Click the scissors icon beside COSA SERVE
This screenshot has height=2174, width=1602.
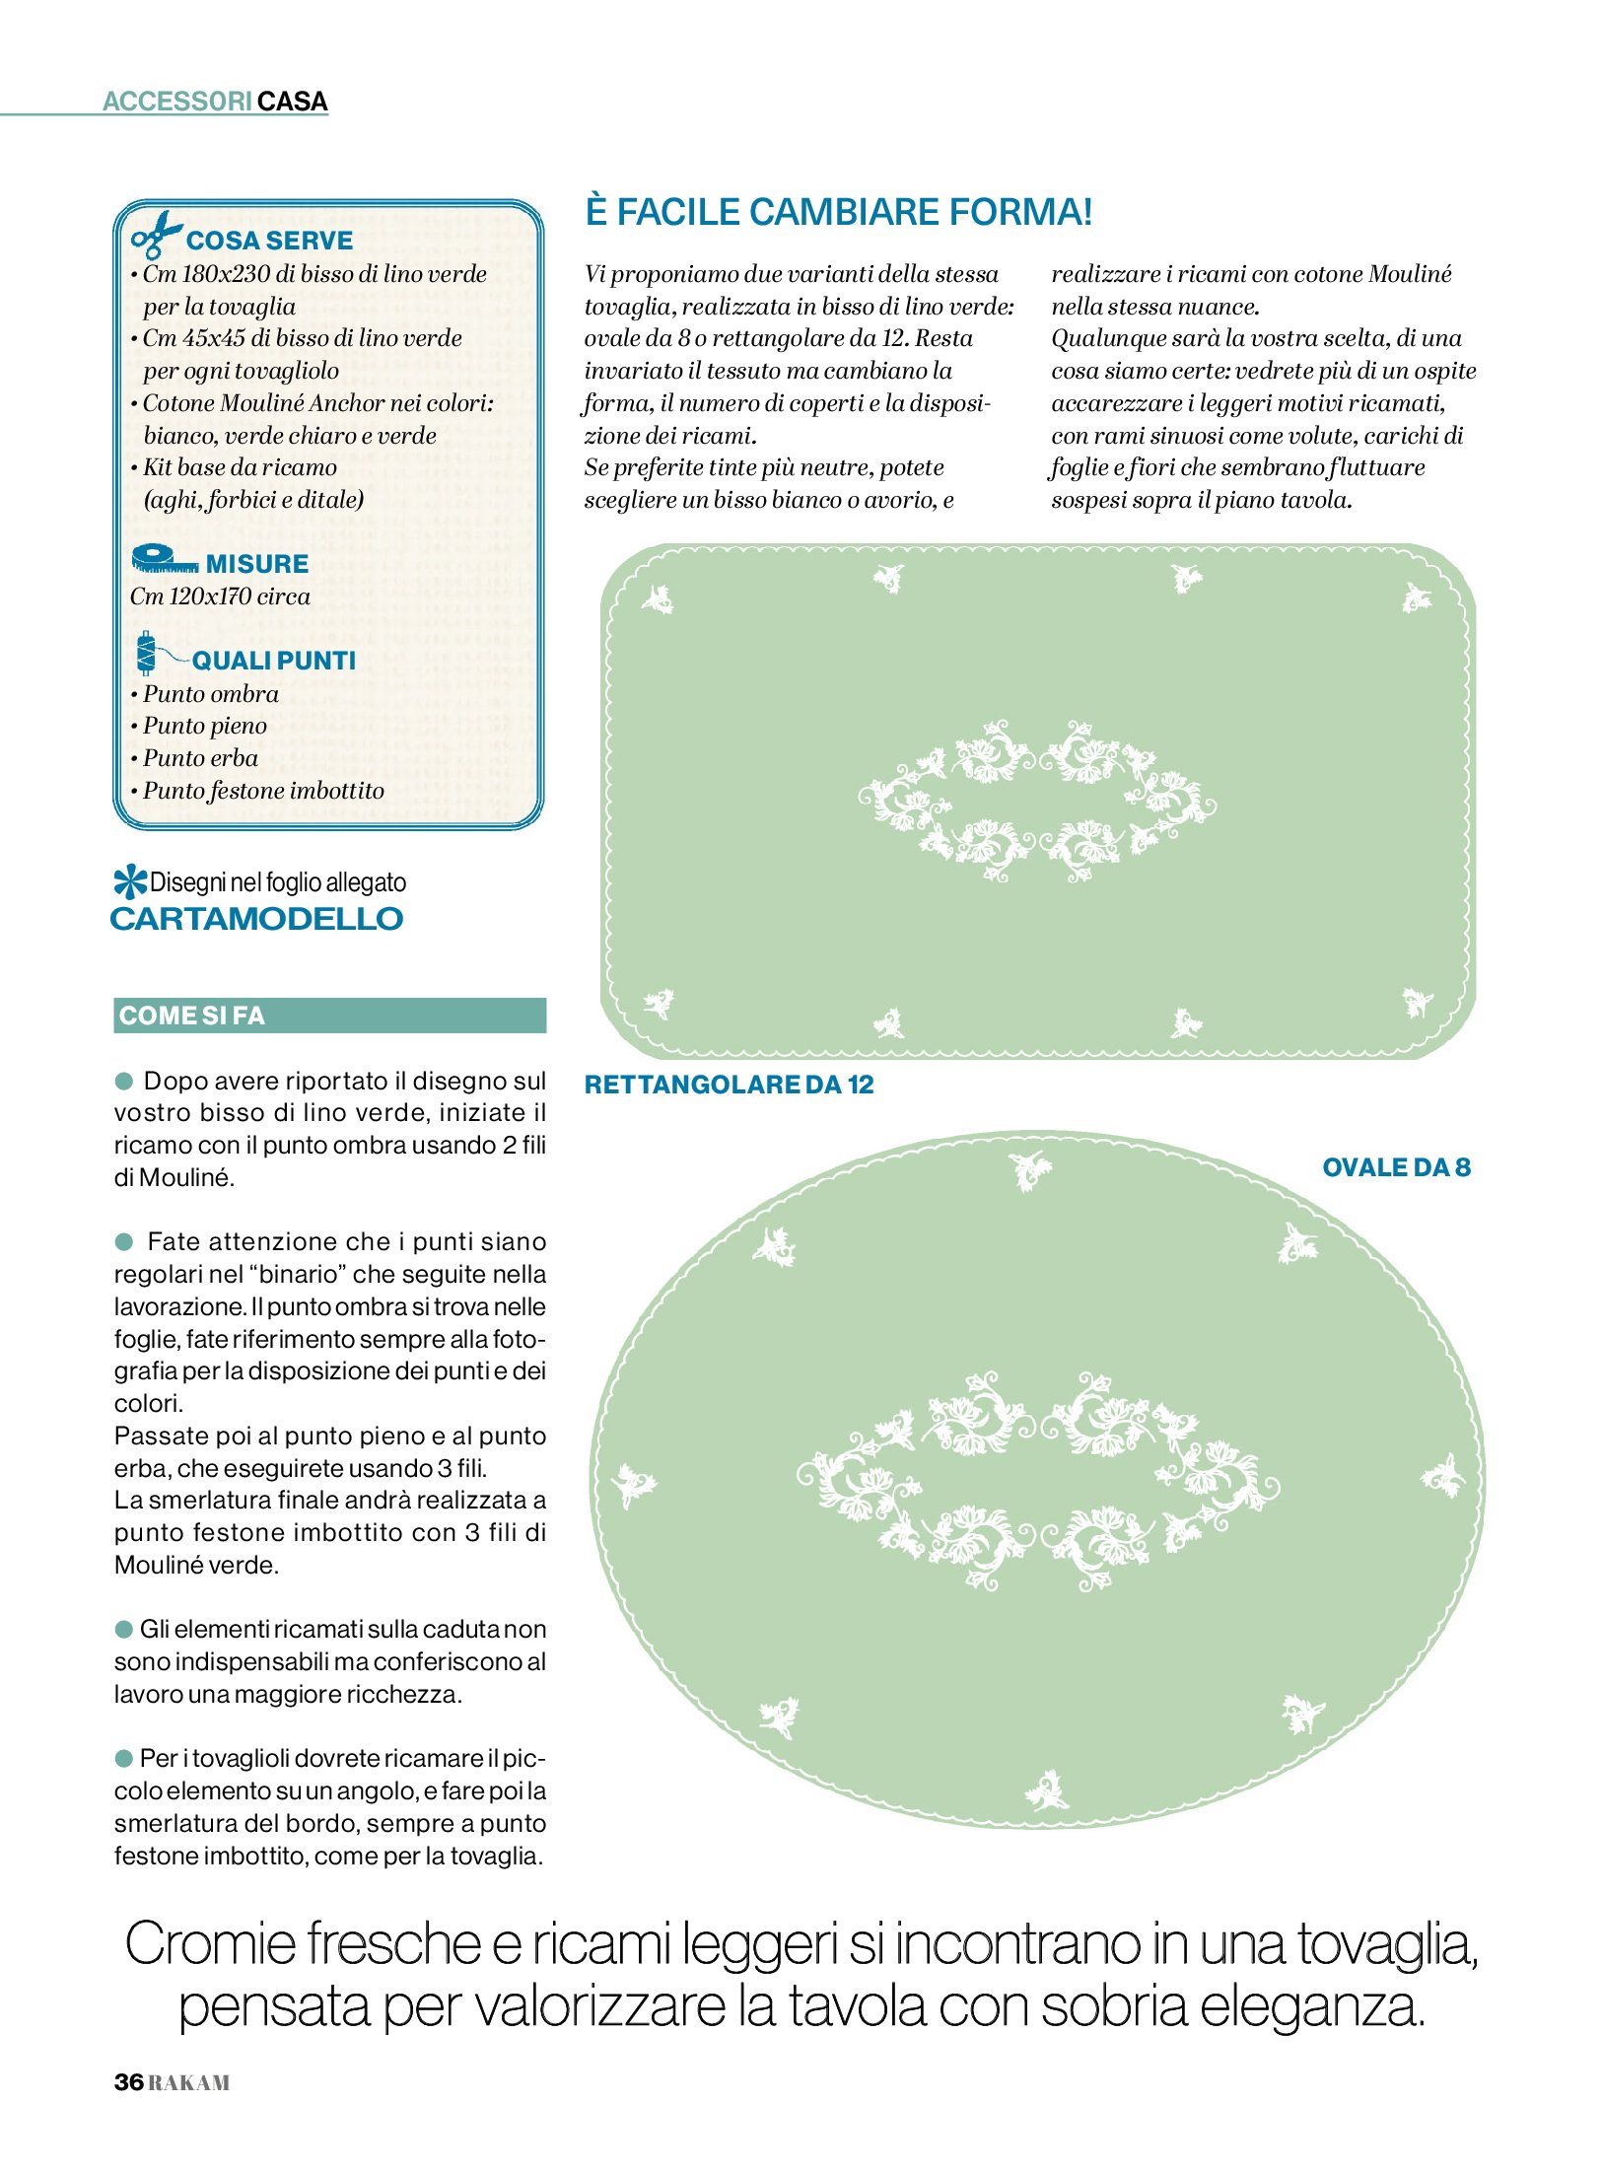pos(155,235)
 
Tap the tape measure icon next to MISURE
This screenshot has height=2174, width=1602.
pos(163,560)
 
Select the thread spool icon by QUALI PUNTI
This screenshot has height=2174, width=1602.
pos(147,653)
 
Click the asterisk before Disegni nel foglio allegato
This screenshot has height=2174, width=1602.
pos(129,880)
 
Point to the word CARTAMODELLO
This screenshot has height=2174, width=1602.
pos(256,919)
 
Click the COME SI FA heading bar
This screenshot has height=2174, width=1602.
pos(329,1015)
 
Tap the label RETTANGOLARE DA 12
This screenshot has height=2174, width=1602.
pos(729,1085)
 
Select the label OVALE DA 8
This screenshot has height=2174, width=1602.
pos(1395,1167)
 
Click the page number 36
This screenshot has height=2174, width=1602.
pos(128,2081)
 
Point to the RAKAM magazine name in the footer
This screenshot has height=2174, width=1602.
pos(189,2082)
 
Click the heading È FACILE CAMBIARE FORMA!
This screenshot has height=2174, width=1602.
pos(838,212)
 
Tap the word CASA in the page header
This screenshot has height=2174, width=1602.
pos(293,102)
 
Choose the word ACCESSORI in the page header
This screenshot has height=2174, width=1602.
pos(177,102)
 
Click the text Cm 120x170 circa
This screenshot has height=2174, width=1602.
pos(220,596)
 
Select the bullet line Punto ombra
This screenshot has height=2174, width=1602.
pos(210,694)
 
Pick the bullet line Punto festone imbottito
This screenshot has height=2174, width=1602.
pos(262,791)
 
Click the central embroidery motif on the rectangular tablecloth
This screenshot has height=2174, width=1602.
pos(1036,802)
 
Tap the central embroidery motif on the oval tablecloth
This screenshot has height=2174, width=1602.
pos(1037,1479)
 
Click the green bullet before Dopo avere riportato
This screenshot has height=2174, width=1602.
pos(124,1081)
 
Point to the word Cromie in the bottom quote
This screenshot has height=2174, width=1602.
pos(210,1945)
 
